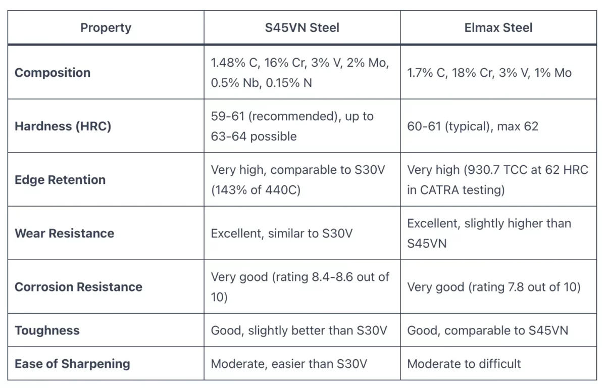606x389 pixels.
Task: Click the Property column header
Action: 106,27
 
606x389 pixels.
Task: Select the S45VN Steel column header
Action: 302,27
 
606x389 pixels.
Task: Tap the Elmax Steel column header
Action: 498,27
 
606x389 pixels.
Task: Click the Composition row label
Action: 53,72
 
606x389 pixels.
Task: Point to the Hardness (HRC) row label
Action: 63,126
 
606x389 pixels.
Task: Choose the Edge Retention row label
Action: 60,179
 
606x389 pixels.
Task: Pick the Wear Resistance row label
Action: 64,233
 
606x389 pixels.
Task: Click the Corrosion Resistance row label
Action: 78,286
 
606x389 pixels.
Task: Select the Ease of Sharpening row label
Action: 72,363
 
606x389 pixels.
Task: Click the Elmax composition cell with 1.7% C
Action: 489,73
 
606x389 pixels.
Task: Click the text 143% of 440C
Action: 257,190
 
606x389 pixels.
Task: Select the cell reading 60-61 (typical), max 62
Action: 472,126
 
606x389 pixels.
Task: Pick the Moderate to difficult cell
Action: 464,363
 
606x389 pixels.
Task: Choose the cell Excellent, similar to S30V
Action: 281,233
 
